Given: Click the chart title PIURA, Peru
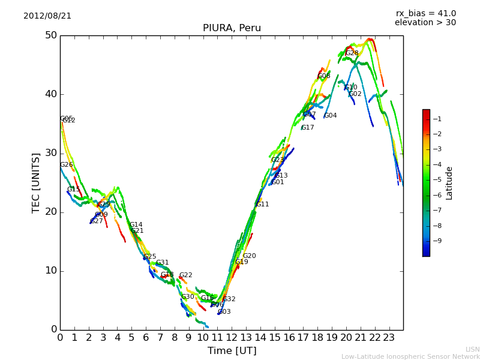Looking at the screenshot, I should (x=231, y=28).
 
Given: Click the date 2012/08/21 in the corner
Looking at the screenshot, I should (x=47, y=16).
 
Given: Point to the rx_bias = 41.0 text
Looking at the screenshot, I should (x=425, y=13).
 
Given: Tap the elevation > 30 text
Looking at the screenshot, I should (x=425, y=23).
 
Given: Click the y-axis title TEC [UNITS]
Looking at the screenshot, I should (x=36, y=182).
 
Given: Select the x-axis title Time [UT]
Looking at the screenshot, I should (x=232, y=351).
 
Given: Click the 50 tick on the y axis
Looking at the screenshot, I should (x=50, y=35).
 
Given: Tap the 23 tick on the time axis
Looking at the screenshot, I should (x=389, y=337).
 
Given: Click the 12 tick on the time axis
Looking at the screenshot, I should (x=232, y=337).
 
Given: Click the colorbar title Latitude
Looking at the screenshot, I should (x=449, y=182).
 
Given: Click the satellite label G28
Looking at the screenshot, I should (x=352, y=53).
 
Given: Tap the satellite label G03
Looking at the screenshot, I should (x=224, y=312).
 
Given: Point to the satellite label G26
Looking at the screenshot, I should (x=66, y=165).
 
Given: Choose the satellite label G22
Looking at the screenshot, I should (x=185, y=275).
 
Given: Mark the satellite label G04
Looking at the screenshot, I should (x=330, y=116).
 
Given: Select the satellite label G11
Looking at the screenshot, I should (x=262, y=205).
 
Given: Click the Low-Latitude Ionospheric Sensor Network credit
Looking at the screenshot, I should (x=410, y=357).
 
